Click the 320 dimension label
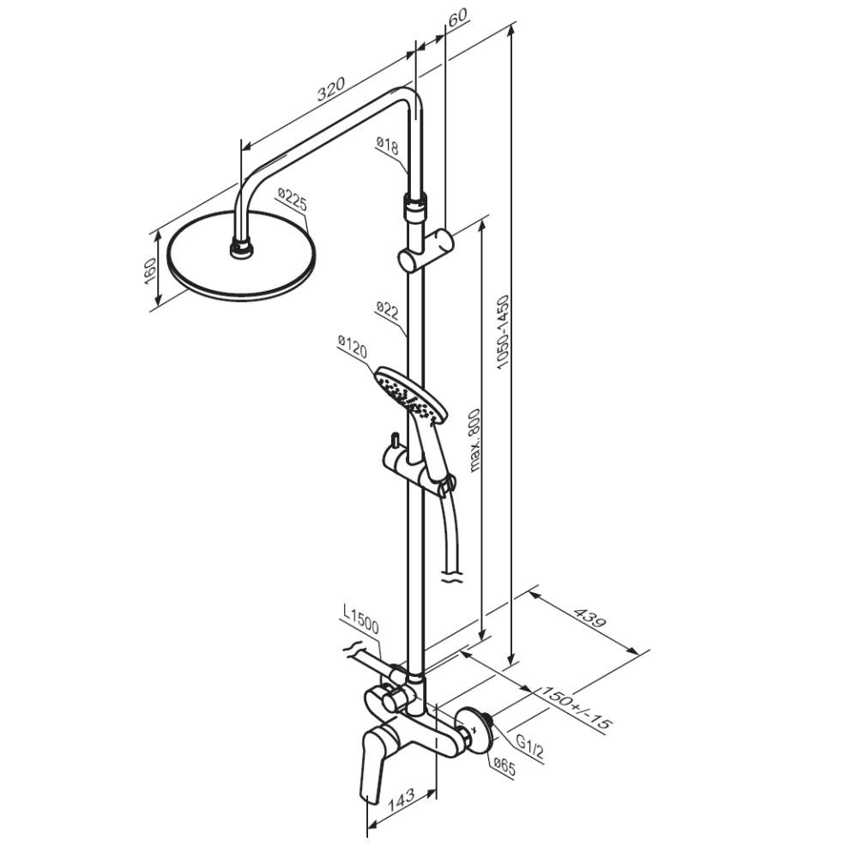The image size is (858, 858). [x=331, y=89]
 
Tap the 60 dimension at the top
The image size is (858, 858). [x=457, y=15]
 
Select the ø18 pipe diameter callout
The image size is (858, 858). [x=388, y=145]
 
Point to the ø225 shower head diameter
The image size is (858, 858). [x=293, y=200]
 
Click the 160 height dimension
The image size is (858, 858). [x=150, y=271]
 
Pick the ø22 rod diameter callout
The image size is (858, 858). [x=387, y=310]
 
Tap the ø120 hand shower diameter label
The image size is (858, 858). [x=352, y=347]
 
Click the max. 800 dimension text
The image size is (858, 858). [x=474, y=439]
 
